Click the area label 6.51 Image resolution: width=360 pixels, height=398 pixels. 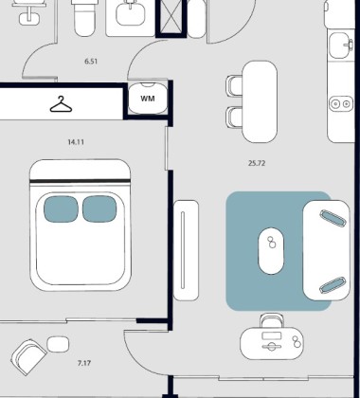click(x=91, y=62)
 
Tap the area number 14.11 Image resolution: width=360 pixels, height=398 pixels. click(x=76, y=142)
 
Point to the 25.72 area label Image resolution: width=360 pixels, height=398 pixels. click(x=257, y=163)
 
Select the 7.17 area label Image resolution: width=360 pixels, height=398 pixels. click(x=84, y=363)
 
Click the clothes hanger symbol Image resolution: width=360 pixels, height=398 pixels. click(x=61, y=104)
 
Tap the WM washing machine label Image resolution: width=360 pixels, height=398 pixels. click(x=148, y=99)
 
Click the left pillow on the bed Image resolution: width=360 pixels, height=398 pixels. click(x=61, y=208)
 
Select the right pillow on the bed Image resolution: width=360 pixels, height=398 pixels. click(x=99, y=208)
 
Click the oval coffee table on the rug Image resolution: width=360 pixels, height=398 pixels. click(x=271, y=251)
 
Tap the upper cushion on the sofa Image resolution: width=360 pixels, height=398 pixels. click(x=333, y=218)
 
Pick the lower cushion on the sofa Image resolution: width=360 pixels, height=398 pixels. click(x=333, y=285)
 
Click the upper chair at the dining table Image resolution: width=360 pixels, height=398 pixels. click(x=234, y=85)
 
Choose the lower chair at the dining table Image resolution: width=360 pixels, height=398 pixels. click(x=234, y=118)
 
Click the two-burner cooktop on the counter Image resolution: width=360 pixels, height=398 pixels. click(x=341, y=103)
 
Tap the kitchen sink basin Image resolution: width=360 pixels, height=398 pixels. click(x=339, y=45)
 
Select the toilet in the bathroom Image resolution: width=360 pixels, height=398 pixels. click(x=84, y=17)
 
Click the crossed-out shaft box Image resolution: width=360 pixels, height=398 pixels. click(x=171, y=18)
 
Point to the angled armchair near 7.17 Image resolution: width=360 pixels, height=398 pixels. click(x=29, y=357)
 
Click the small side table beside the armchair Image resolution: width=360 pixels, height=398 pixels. click(x=58, y=344)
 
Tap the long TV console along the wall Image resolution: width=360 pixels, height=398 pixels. click(x=186, y=250)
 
